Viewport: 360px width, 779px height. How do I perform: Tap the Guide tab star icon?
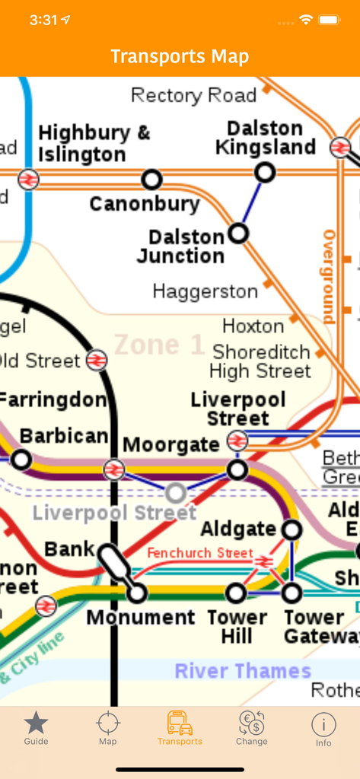(x=36, y=723)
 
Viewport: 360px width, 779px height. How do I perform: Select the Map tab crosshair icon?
(x=108, y=723)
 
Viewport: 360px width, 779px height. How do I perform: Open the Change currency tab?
(x=251, y=723)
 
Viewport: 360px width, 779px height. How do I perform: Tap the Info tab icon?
(x=323, y=723)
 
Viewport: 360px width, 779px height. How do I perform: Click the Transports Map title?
(x=180, y=56)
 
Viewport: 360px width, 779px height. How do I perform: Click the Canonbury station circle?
(x=152, y=180)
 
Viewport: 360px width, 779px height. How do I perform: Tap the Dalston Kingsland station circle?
(x=265, y=173)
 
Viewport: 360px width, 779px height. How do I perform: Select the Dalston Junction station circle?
(x=239, y=233)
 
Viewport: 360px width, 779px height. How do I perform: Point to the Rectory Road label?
(x=193, y=96)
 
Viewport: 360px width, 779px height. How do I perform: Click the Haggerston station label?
(x=205, y=291)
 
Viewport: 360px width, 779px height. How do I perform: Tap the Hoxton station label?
(x=253, y=326)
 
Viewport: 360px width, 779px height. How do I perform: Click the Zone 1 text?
(x=159, y=345)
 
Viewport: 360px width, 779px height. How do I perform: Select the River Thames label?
(x=243, y=671)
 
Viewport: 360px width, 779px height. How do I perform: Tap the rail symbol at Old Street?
(x=97, y=360)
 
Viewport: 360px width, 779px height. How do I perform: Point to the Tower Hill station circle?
(x=237, y=592)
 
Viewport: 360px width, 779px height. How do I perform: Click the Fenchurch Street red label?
(x=199, y=553)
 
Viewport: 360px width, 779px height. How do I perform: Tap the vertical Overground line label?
(x=329, y=276)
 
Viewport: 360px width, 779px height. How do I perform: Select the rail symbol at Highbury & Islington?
(x=28, y=180)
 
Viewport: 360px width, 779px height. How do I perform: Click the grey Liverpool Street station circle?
(x=176, y=493)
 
